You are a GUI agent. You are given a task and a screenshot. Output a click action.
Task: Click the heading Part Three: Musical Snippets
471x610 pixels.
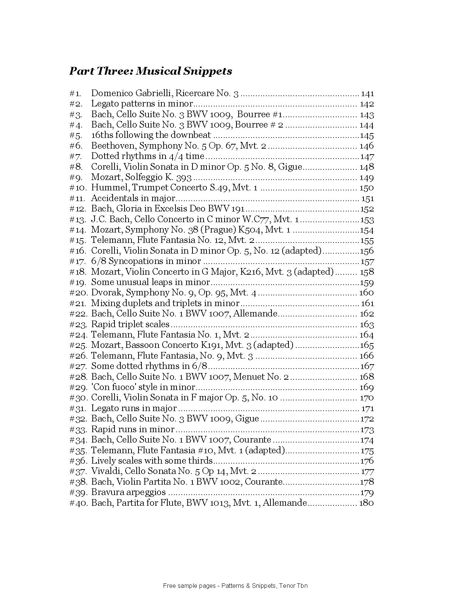(150, 71)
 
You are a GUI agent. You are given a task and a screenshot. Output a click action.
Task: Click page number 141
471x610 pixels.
(367, 94)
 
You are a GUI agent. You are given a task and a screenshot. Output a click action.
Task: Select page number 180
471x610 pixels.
(366, 503)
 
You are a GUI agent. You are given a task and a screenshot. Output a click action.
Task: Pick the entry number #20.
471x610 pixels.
(79, 293)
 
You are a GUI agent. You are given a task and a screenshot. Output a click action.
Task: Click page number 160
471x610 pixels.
(366, 293)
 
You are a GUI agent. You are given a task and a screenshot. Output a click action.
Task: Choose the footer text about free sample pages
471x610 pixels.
(235, 586)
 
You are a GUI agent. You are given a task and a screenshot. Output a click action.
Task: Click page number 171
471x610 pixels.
(368, 409)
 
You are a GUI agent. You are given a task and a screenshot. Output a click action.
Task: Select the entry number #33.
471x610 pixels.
(78, 430)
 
